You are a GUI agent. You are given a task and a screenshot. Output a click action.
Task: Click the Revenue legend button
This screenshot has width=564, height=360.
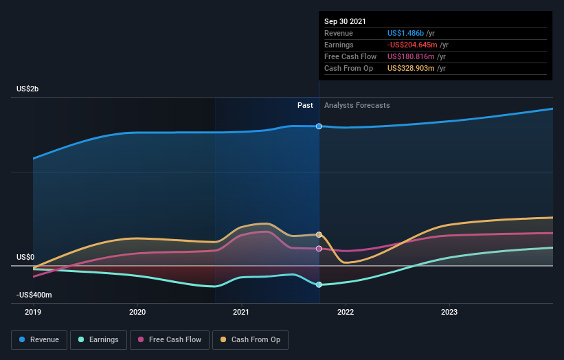point(40,339)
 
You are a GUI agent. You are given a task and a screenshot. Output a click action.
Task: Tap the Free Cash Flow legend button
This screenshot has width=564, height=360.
point(169,339)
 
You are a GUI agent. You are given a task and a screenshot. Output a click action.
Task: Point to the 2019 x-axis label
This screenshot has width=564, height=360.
point(34,311)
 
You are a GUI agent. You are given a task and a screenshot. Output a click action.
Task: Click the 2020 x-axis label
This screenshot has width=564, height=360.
point(137,311)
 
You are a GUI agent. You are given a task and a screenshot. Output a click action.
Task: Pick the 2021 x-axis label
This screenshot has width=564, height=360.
point(241,311)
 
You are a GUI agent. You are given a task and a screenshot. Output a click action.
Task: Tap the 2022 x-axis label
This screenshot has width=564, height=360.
point(345,311)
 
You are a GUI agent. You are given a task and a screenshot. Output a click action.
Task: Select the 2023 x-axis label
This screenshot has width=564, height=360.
point(449,311)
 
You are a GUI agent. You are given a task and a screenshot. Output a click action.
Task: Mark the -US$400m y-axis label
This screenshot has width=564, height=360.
point(34,295)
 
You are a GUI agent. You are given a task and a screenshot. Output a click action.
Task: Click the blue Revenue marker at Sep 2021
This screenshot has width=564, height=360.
point(319,126)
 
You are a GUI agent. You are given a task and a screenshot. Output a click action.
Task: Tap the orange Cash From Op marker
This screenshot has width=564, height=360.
point(319,235)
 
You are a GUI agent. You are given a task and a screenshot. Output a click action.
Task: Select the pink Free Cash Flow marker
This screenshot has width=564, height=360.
point(319,249)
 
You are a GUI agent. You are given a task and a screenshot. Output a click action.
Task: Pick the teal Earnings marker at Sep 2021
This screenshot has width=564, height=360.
point(319,284)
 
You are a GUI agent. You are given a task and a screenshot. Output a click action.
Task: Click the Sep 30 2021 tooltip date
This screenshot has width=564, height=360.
point(346,21)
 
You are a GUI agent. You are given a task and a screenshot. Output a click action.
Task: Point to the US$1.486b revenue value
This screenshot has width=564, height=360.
point(406,33)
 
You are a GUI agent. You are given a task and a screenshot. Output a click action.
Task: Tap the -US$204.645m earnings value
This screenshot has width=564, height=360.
point(412,45)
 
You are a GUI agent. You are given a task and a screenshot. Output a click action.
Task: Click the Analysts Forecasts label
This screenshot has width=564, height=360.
point(357,105)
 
